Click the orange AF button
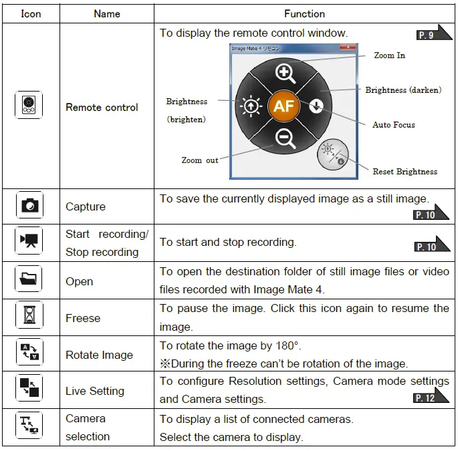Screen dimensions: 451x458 point(283,106)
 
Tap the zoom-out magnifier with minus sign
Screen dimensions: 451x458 point(285,138)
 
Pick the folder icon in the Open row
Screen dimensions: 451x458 point(29,281)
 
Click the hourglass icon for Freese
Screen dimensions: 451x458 point(29,317)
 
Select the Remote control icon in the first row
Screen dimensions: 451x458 point(29,106)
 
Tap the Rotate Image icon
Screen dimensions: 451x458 point(29,354)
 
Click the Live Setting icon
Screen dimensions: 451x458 point(29,390)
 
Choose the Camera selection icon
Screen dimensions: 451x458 point(29,428)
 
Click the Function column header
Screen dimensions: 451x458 point(304,13)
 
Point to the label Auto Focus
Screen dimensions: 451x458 point(393,125)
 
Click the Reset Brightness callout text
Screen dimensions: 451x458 point(405,172)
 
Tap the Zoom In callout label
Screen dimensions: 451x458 point(389,55)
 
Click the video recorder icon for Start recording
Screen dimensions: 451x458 point(29,243)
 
